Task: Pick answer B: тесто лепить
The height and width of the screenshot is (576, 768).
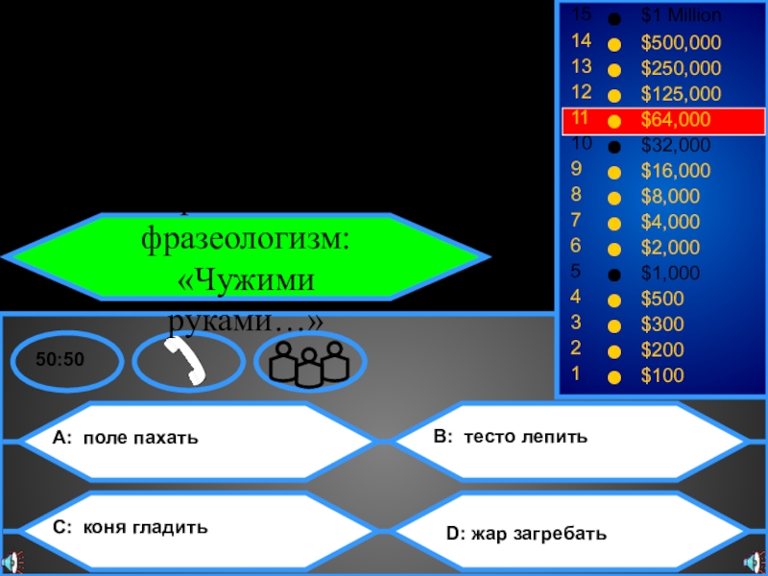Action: tap(510, 437)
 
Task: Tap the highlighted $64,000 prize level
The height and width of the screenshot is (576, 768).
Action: tap(676, 120)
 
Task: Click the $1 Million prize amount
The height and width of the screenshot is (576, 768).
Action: tap(682, 16)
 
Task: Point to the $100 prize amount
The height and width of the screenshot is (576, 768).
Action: tap(662, 375)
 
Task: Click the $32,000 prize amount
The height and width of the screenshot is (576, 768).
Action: tap(676, 146)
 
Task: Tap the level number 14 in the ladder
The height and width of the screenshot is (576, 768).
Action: tap(580, 41)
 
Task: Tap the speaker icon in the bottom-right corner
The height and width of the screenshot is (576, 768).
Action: tap(754, 561)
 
